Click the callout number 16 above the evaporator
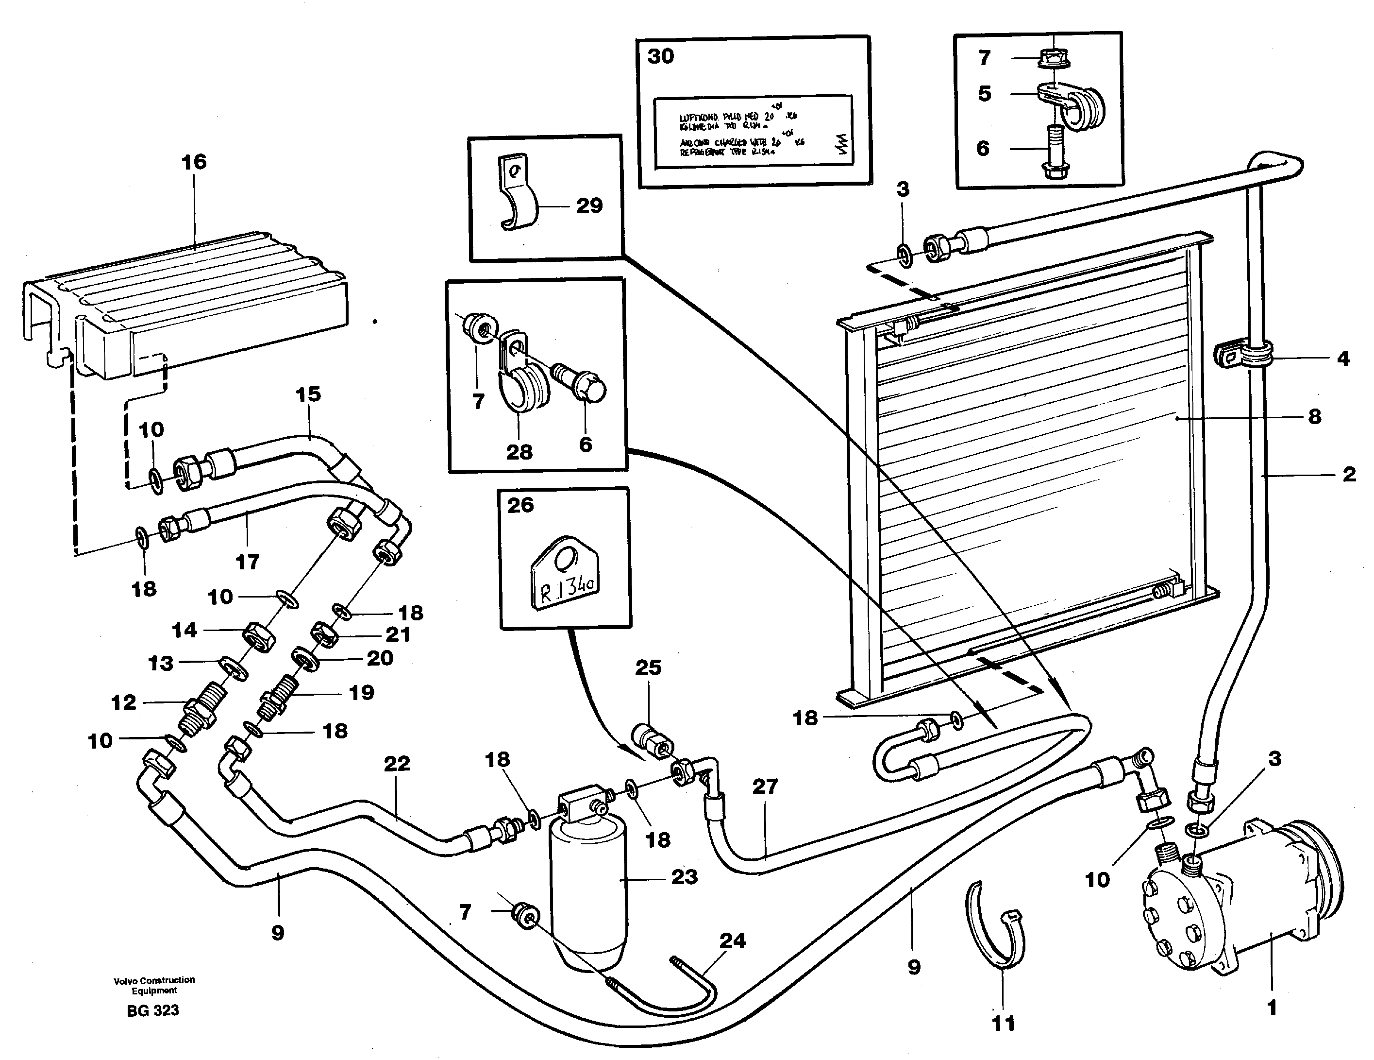(x=194, y=162)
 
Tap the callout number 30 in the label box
(x=661, y=57)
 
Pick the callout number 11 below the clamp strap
(x=1004, y=1024)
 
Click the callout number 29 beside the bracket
(x=589, y=206)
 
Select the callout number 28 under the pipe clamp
(x=519, y=451)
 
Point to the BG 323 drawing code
(x=153, y=1011)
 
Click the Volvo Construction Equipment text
(x=154, y=985)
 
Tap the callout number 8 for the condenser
(x=1314, y=417)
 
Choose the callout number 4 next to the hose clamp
(x=1342, y=359)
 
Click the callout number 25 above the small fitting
(x=648, y=667)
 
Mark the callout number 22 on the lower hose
(x=397, y=764)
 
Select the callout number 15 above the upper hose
(x=308, y=394)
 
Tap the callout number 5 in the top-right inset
(x=985, y=94)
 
